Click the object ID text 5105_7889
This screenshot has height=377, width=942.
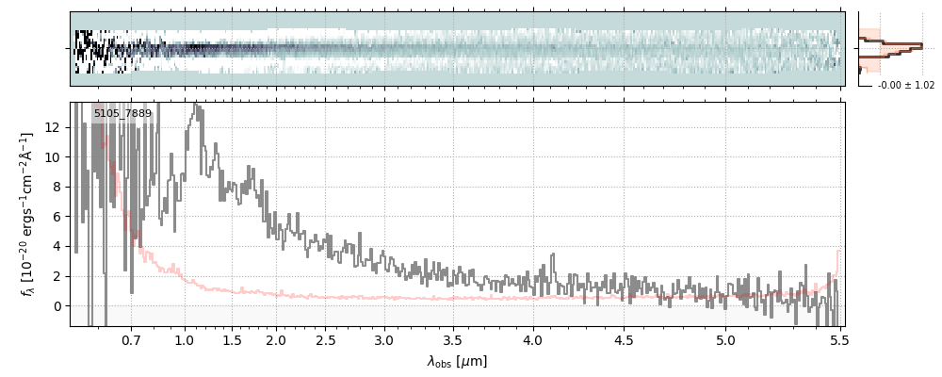pos(122,114)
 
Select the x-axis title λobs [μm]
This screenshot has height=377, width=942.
pos(457,361)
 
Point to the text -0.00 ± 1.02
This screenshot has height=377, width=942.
pos(905,86)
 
